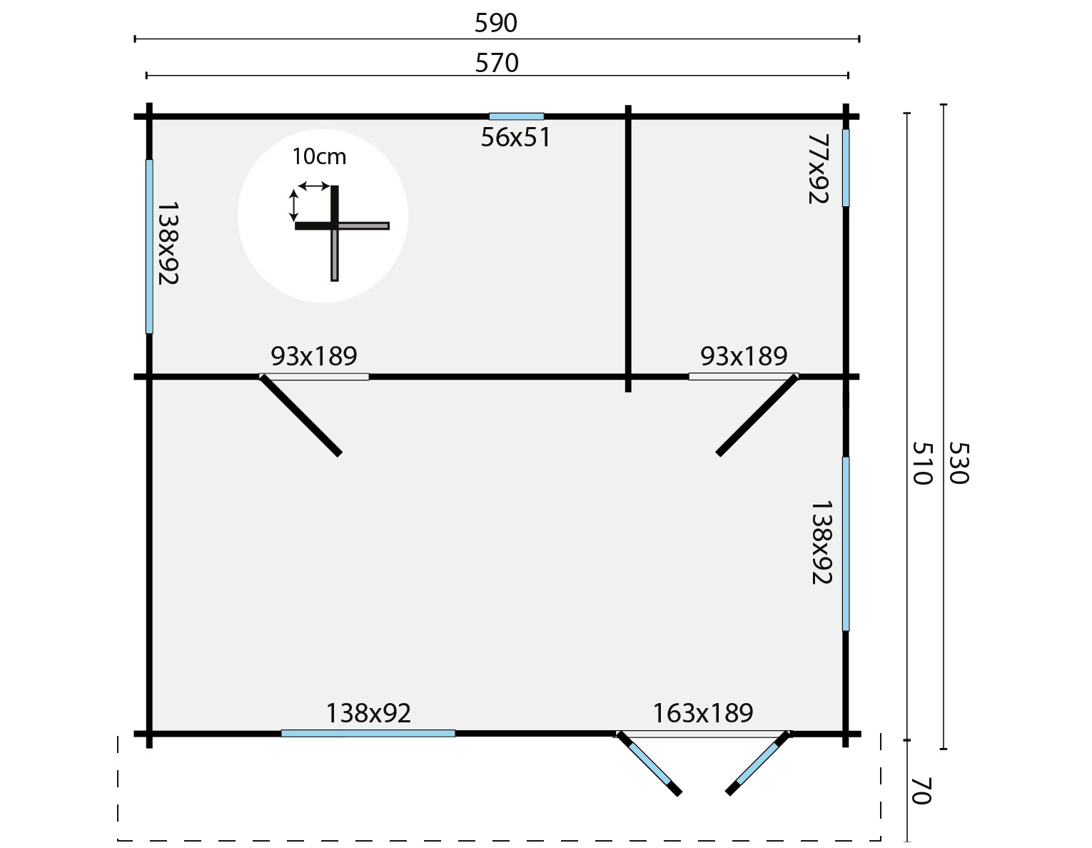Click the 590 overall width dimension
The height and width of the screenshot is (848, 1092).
click(x=495, y=24)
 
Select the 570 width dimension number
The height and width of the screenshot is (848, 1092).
click(x=497, y=64)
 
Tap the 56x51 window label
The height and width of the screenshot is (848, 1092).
click(x=515, y=138)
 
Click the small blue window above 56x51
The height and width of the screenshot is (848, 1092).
click(x=516, y=116)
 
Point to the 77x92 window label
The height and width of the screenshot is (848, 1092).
click(x=818, y=168)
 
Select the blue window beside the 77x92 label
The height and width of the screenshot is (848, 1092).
click(x=846, y=168)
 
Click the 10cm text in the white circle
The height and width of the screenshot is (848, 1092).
click(x=319, y=156)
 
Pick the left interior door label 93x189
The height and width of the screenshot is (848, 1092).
click(x=313, y=355)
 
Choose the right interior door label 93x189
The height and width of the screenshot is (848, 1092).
click(x=744, y=355)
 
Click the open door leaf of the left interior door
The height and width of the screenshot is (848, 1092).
click(x=300, y=415)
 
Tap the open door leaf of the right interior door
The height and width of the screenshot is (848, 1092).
click(x=757, y=415)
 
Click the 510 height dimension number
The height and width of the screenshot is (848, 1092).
click(x=922, y=463)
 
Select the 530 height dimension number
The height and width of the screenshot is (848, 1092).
click(x=958, y=463)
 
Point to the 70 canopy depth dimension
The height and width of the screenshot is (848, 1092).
click(x=921, y=792)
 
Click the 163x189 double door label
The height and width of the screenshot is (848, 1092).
click(x=703, y=712)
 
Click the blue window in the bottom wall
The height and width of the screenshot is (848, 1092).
click(x=368, y=733)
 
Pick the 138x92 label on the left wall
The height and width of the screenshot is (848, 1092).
click(x=166, y=243)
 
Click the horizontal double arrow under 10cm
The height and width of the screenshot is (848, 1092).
click(x=313, y=186)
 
